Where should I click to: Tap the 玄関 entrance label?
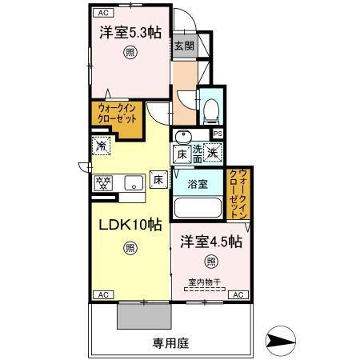point(182,46)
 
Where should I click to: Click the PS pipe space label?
point(217,134)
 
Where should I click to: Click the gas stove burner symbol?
point(103,183)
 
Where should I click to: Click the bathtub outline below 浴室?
point(198,207)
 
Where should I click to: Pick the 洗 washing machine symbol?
point(212,149)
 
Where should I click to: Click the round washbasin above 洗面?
point(182,135)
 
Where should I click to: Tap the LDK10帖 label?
point(130,226)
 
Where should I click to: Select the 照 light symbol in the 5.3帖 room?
point(130,54)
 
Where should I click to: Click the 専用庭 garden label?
point(171,342)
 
